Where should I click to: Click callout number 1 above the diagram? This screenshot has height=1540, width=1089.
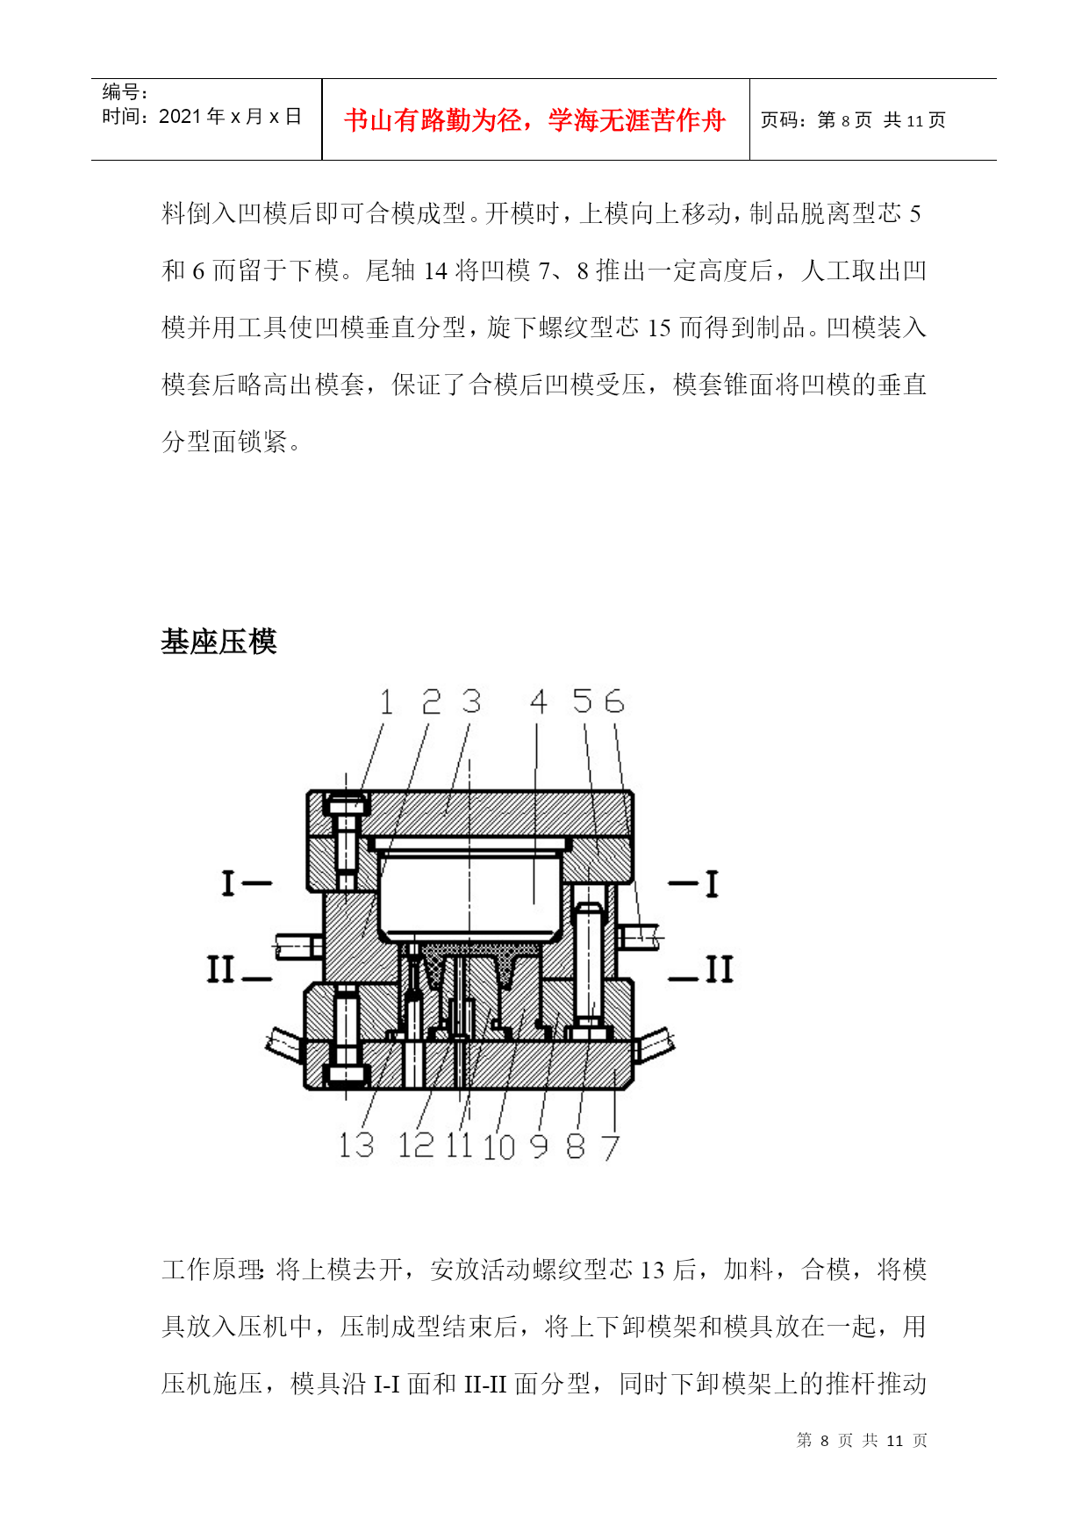tap(386, 702)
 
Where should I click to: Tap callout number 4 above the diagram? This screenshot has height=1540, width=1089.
tap(539, 702)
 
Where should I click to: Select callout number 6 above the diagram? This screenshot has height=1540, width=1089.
tap(613, 702)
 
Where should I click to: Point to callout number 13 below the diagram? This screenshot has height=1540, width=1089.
tap(357, 1145)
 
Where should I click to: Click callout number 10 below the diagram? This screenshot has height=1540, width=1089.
tap(498, 1147)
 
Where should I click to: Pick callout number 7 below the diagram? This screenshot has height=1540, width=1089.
tap(611, 1147)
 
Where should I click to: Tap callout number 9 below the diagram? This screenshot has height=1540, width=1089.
tap(540, 1146)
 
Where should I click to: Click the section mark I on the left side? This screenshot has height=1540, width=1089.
tap(228, 882)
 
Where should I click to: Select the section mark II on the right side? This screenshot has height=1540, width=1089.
tap(720, 969)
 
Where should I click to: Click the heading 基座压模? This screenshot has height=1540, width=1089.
tap(219, 642)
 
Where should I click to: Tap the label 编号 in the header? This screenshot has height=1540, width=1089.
tap(120, 92)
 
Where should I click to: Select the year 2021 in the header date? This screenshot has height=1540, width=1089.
tap(180, 117)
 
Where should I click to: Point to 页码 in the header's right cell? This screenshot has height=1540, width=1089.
tap(778, 120)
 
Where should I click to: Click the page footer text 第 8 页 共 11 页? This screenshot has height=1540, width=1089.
tap(862, 1441)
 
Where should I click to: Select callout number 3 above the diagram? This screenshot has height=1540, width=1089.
tap(472, 702)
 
